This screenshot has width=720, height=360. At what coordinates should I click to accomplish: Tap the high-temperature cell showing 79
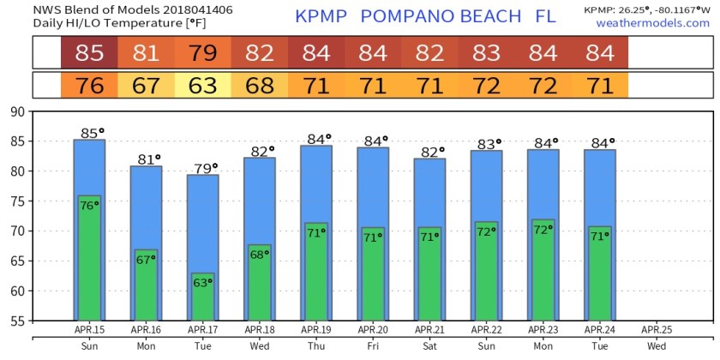(203, 53)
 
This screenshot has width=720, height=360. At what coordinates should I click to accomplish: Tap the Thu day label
(315, 346)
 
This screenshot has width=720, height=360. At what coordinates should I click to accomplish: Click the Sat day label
(429, 346)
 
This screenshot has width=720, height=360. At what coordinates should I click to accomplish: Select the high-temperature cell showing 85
(89, 53)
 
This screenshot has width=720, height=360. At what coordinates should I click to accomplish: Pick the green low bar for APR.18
(260, 283)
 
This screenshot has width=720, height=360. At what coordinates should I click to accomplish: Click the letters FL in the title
(545, 16)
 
